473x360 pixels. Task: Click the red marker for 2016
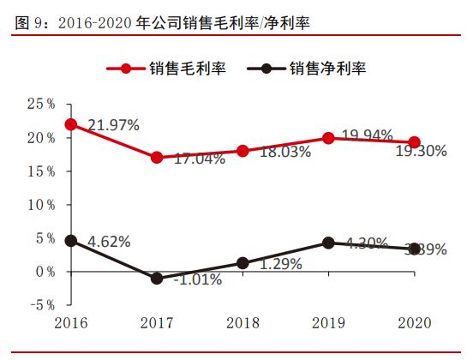[70, 124]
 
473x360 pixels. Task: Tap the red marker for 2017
[156, 158]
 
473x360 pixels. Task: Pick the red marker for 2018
[242, 151]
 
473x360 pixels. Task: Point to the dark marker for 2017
[156, 279]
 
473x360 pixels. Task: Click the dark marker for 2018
[242, 263]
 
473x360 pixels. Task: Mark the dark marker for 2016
[70, 241]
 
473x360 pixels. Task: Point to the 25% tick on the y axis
[40, 104]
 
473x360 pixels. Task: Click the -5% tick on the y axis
[40, 304]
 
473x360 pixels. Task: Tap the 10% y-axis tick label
[40, 204]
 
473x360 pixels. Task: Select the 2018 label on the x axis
[242, 324]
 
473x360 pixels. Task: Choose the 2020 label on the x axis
[414, 324]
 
